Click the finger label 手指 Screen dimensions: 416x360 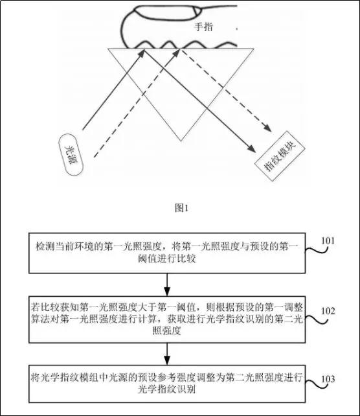point(206,28)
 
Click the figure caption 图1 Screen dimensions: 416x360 point(181,208)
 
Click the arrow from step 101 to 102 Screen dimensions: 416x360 point(167,284)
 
